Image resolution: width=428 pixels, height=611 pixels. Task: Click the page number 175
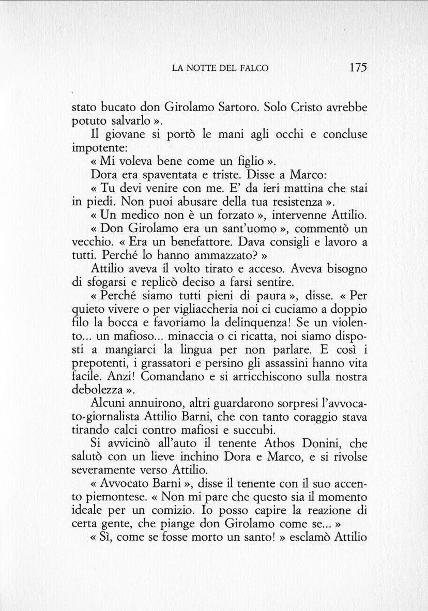358,67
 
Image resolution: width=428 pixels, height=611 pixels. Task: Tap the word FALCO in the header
253,68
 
